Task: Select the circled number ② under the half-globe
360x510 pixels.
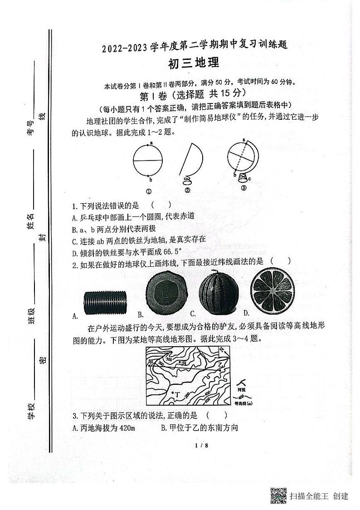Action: tap(187, 191)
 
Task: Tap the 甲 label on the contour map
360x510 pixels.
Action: tap(150, 361)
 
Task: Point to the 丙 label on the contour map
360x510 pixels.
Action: tap(184, 363)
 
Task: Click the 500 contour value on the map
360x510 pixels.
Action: tap(169, 359)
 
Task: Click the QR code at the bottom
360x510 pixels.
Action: tap(278, 495)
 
